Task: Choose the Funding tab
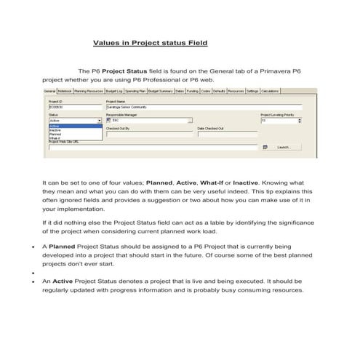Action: click(x=192, y=91)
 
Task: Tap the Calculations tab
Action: click(x=271, y=91)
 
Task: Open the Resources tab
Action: click(x=235, y=91)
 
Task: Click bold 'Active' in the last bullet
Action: click(x=63, y=280)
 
